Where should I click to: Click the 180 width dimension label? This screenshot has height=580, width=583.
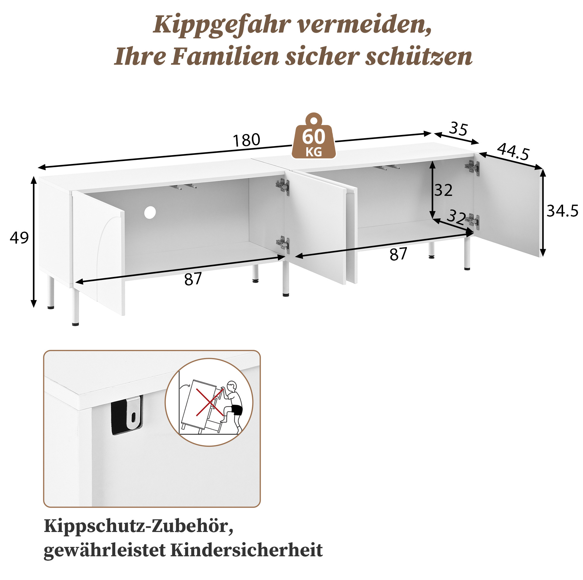coord(246,140)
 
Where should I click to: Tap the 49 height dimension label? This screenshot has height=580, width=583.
coord(19,238)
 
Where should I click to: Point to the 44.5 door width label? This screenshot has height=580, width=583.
coord(513,152)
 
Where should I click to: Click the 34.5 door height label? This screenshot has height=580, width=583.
coord(563,211)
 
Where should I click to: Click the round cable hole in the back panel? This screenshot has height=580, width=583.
coord(150,213)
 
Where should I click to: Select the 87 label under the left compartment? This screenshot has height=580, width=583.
coord(193,279)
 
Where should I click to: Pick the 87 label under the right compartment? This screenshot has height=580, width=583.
coord(398,254)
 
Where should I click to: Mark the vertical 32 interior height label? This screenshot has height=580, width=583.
coord(443,190)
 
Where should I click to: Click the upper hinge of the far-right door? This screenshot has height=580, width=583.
coord(472,168)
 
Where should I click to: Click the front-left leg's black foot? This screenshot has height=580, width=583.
coord(75,324)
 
